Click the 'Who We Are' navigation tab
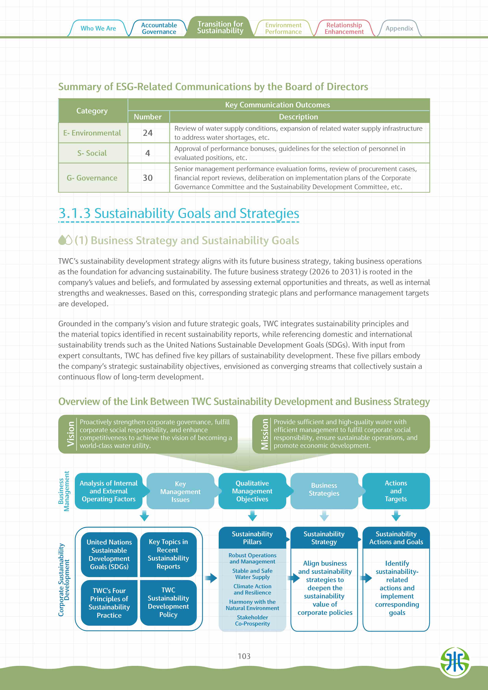[x=98, y=29]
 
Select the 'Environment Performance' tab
[x=283, y=29]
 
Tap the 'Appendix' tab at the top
[x=399, y=29]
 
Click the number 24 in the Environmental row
[x=148, y=133]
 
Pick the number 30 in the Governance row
[x=148, y=178]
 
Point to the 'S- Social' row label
[x=92, y=153]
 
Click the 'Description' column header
[x=298, y=117]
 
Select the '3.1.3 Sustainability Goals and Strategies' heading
[x=179, y=213]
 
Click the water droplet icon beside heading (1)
[x=65, y=240]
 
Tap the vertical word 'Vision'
[x=71, y=434]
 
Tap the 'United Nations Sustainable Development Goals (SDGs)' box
[x=109, y=554]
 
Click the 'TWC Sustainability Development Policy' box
[x=168, y=602]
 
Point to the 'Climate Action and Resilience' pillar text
[x=252, y=589]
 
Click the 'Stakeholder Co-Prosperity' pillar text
[x=252, y=620]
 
